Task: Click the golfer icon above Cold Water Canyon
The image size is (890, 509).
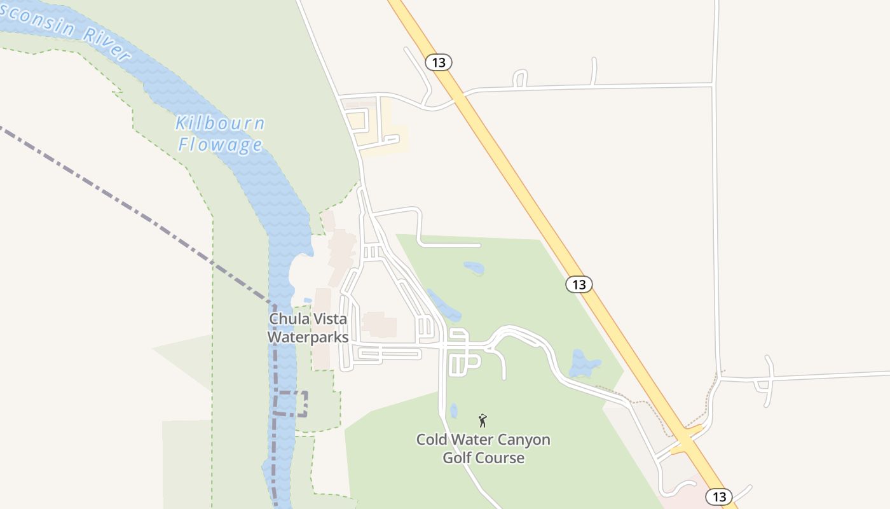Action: coord(483,421)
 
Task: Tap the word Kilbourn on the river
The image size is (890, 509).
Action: coord(220,123)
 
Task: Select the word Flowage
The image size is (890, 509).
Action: coord(220,145)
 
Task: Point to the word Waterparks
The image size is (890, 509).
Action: coord(308,337)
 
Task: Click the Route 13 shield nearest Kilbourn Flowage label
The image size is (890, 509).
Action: coord(439,62)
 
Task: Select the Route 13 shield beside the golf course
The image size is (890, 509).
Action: coord(578,284)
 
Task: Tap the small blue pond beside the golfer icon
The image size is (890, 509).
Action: coord(453,411)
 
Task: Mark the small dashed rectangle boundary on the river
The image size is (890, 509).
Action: coord(291,404)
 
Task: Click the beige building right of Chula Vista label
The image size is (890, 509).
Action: coord(380,324)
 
